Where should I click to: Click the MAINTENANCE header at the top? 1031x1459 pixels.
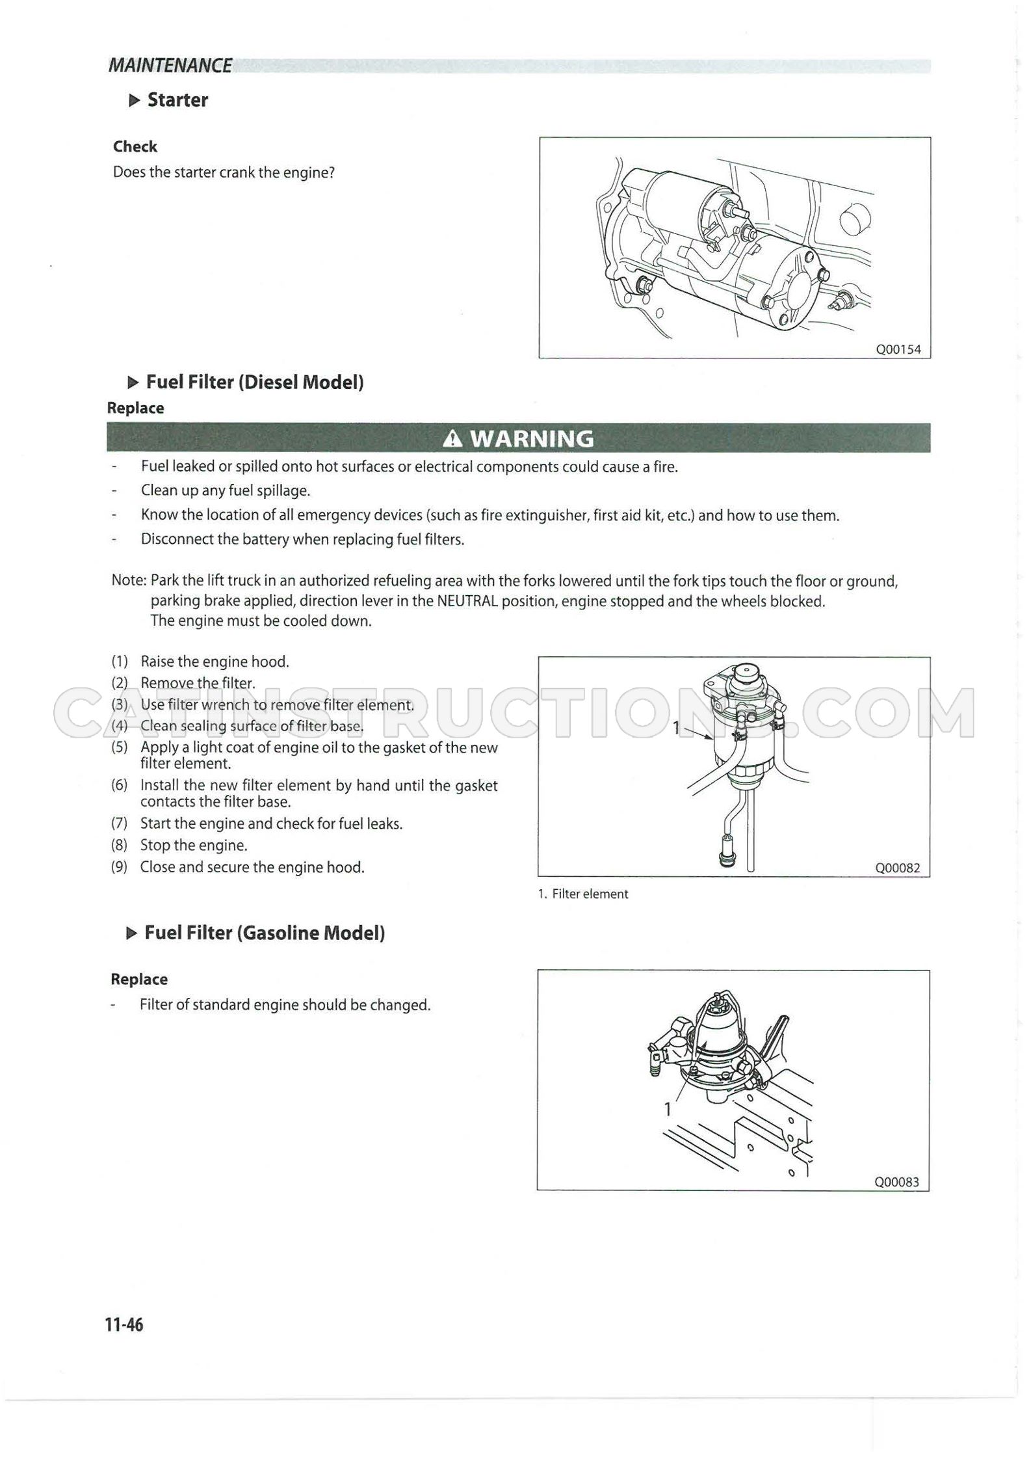tap(170, 66)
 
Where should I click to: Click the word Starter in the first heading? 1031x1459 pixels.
tap(177, 100)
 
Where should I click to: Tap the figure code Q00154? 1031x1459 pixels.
tap(898, 349)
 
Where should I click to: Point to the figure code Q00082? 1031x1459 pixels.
tap(898, 868)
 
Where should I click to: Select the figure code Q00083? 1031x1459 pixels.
tap(897, 1182)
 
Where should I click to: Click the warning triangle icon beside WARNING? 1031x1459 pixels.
tap(452, 440)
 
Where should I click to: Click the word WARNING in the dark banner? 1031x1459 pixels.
tap(532, 439)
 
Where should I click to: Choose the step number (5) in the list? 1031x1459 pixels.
tap(120, 747)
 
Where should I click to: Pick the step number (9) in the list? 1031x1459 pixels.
tap(120, 867)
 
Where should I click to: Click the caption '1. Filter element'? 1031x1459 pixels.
tap(583, 894)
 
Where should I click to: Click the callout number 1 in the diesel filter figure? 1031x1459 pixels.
tap(676, 727)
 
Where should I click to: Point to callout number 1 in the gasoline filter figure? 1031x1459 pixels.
tap(667, 1108)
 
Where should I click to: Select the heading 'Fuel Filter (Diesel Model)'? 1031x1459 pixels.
tap(255, 382)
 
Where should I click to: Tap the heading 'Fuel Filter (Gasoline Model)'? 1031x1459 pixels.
tap(265, 933)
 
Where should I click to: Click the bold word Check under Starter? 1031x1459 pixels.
tap(135, 147)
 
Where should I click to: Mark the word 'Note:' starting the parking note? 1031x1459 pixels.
tap(129, 581)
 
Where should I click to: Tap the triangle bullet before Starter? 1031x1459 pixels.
tap(135, 100)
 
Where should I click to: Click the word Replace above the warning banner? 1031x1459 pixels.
tap(135, 408)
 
